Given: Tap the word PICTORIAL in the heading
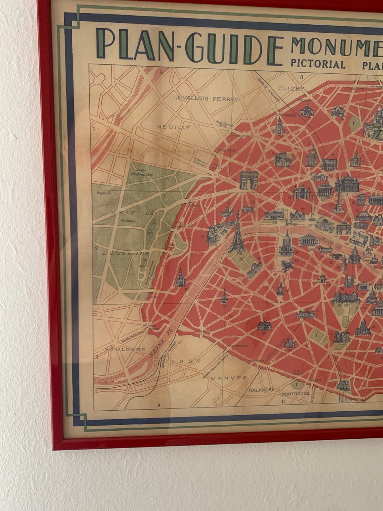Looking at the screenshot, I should pos(318,64).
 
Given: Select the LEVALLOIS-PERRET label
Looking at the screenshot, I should pos(206,99).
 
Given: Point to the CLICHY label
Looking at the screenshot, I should pos(291,89).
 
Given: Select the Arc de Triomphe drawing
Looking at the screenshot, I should pos(249,180).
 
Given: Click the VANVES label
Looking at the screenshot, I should pos(229,378).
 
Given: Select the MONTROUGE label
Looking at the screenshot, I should pos(296,393).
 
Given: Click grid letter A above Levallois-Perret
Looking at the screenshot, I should pos(162,72).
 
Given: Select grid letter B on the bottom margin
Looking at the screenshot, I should pos(282,402).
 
